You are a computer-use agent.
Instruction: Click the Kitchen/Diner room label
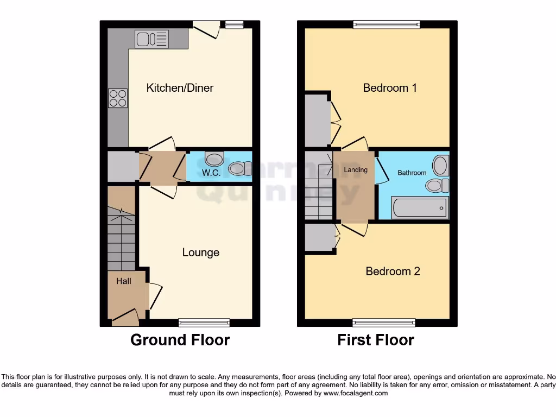click(180, 88)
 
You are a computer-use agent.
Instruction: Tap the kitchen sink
click(152, 39)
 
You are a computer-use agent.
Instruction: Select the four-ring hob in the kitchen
click(118, 98)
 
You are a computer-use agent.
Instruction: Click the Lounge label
click(200, 252)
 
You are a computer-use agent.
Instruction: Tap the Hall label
click(123, 281)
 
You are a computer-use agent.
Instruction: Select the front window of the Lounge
click(204, 323)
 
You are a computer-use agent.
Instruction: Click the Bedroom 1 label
click(390, 88)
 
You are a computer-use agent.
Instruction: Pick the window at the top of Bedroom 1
click(386, 24)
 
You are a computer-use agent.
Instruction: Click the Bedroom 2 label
click(393, 271)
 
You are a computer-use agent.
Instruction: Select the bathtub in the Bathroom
click(419, 208)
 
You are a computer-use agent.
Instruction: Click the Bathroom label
click(412, 173)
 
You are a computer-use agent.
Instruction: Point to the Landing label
click(356, 170)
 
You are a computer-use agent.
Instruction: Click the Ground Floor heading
click(180, 340)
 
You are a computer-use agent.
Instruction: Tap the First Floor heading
click(376, 340)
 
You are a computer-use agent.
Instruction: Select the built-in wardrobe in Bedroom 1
click(317, 121)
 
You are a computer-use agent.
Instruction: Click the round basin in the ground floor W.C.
click(215, 159)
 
